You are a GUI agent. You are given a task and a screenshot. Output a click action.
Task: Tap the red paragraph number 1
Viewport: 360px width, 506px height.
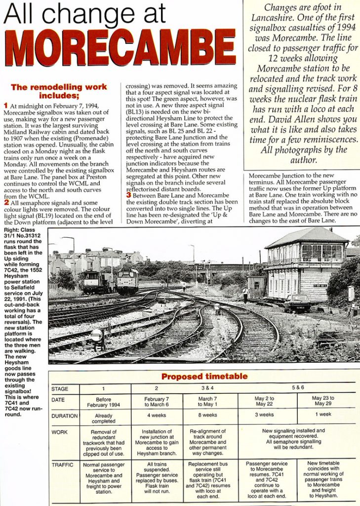point(5,105)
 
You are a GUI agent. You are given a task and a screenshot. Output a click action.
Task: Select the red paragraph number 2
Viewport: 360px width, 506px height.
point(5,202)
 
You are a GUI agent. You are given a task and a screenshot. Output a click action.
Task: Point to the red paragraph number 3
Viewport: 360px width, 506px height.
point(128,195)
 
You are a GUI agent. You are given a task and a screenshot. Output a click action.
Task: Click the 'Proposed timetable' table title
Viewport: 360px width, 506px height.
point(204,377)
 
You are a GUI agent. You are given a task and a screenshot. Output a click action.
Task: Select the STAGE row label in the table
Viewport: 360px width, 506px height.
point(60,389)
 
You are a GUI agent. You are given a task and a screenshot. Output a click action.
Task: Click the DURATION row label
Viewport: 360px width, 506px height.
point(65,416)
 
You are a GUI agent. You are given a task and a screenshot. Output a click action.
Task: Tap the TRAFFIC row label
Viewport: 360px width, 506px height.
point(63,465)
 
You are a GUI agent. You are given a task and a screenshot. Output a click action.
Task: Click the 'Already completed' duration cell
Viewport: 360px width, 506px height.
point(103,418)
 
